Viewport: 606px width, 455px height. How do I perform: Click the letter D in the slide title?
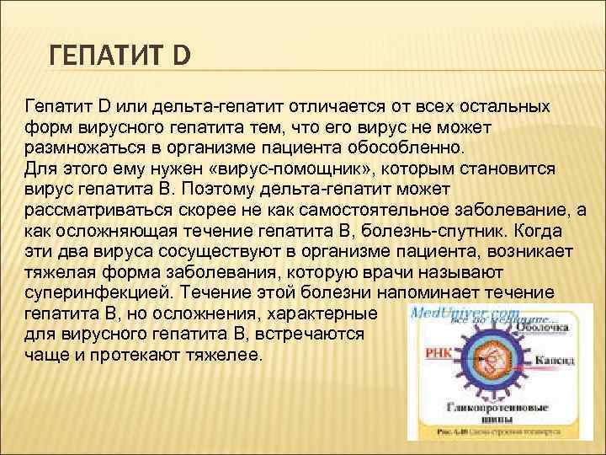[182, 57]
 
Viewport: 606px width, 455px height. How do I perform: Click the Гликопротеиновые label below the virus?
[498, 406]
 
